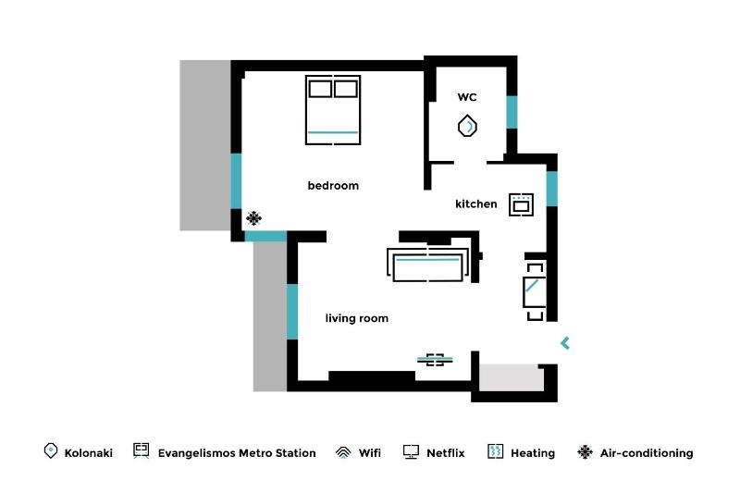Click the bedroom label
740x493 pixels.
click(333, 186)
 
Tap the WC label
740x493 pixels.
click(466, 97)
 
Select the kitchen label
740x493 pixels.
click(475, 203)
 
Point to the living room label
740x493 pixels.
click(356, 318)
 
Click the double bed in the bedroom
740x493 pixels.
click(332, 109)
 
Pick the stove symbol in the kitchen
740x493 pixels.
click(521, 204)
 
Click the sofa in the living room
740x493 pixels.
click(426, 265)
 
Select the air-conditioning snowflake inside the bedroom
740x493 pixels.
click(253, 218)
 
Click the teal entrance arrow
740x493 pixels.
click(565, 343)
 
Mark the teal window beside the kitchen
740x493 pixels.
click(551, 189)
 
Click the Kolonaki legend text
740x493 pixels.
click(89, 453)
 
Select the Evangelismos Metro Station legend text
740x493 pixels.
click(237, 453)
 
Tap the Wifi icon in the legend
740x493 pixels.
click(342, 452)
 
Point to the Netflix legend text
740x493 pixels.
click(445, 453)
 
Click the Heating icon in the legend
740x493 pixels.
click(495, 452)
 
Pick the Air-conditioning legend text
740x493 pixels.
click(646, 453)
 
